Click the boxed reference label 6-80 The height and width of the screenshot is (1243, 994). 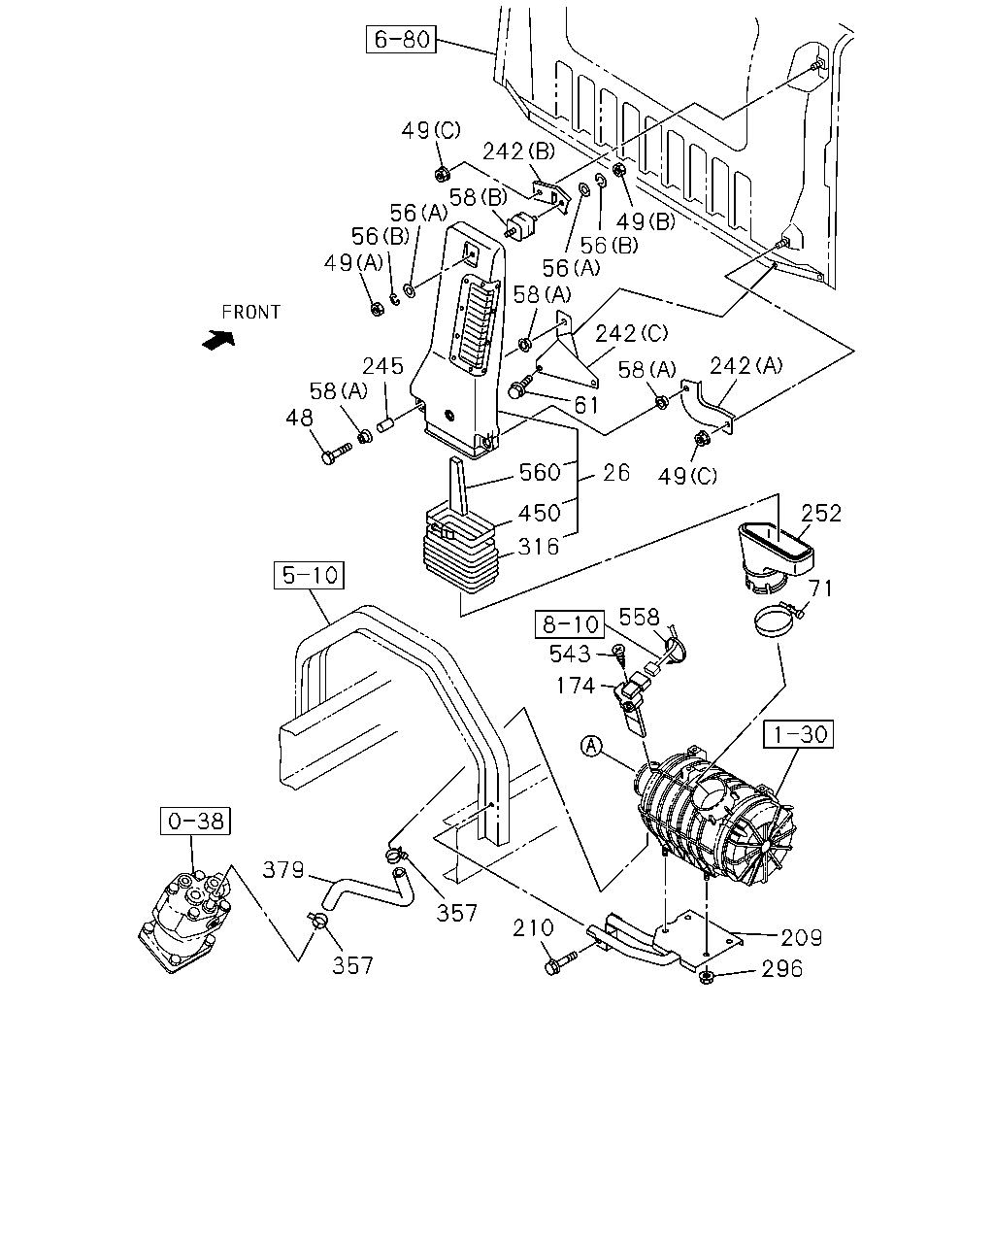click(401, 39)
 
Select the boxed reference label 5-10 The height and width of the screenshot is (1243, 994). click(309, 575)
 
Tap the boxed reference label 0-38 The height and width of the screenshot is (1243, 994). click(195, 821)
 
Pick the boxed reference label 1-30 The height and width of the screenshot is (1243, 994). click(798, 734)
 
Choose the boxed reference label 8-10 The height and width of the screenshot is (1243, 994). click(570, 624)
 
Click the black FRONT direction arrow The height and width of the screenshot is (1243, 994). click(219, 339)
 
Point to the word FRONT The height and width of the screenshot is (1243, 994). click(251, 313)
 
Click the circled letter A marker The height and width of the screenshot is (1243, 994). click(591, 746)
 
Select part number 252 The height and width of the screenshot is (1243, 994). click(820, 513)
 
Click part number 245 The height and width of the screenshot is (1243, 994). click(382, 366)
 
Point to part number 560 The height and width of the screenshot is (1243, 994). click(540, 473)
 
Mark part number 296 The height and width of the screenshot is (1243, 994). click(782, 969)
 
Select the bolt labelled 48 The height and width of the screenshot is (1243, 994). click(336, 454)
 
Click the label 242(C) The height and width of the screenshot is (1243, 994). click(631, 334)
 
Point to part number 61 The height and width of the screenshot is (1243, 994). click(586, 406)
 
